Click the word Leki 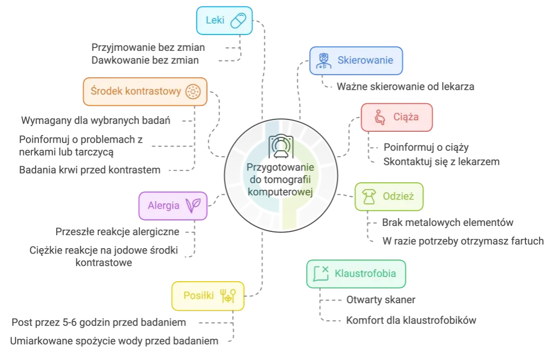[215, 21]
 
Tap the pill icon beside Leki [238, 21]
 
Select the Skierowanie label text [365, 60]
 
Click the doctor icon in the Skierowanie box [323, 60]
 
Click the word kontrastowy [153, 91]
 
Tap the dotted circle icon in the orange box [192, 91]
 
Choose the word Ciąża [405, 116]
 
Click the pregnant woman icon [379, 117]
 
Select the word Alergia [163, 205]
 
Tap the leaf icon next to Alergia [194, 205]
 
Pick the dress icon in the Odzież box [369, 197]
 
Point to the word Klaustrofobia [365, 273]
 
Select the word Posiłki [195, 295]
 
